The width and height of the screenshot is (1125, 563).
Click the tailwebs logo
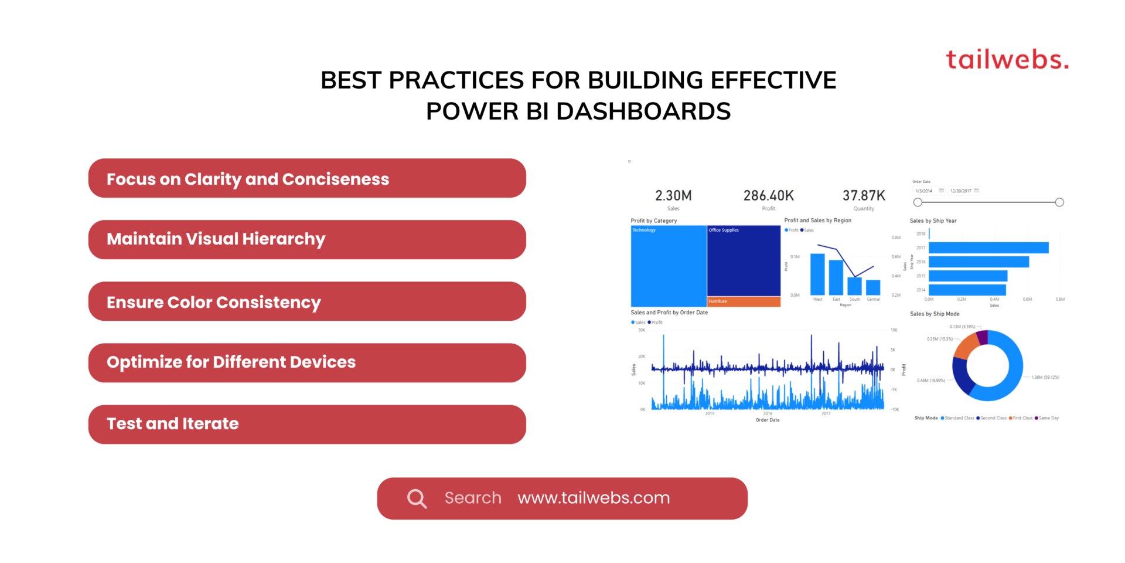pos(1007,60)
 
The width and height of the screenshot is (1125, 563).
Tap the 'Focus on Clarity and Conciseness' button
pos(306,178)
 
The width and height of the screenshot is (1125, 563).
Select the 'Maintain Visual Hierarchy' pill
pos(306,239)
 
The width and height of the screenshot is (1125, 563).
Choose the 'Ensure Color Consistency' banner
pos(306,301)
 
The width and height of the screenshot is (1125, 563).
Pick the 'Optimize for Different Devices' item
pos(306,362)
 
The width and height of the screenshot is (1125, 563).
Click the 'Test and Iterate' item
pos(306,424)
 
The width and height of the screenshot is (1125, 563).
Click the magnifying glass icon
pos(417,498)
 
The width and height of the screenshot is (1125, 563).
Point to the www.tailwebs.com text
pos(593,498)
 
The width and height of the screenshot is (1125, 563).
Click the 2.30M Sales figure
pos(673,196)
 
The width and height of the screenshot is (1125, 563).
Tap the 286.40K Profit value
pos(768,196)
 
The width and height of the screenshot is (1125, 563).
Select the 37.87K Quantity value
pos(864,196)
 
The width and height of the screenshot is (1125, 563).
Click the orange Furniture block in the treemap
pos(744,301)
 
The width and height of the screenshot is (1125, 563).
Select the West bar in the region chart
pos(817,274)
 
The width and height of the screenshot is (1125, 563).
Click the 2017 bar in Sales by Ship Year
pos(988,248)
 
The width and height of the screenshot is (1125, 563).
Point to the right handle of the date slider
pos(1059,202)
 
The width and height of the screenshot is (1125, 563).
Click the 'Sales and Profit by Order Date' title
pos(669,313)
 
